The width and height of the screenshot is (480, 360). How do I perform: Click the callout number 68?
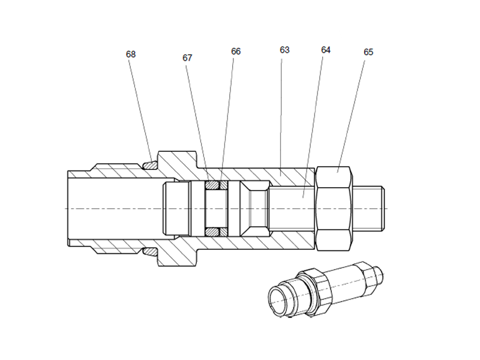click(131, 54)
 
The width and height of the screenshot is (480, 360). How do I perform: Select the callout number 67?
click(187, 58)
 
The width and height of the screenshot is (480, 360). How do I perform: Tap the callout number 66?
click(236, 52)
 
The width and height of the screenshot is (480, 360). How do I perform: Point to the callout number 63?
click(284, 50)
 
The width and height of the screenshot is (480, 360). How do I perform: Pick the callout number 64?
click(326, 50)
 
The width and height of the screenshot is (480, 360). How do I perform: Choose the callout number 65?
click(368, 52)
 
